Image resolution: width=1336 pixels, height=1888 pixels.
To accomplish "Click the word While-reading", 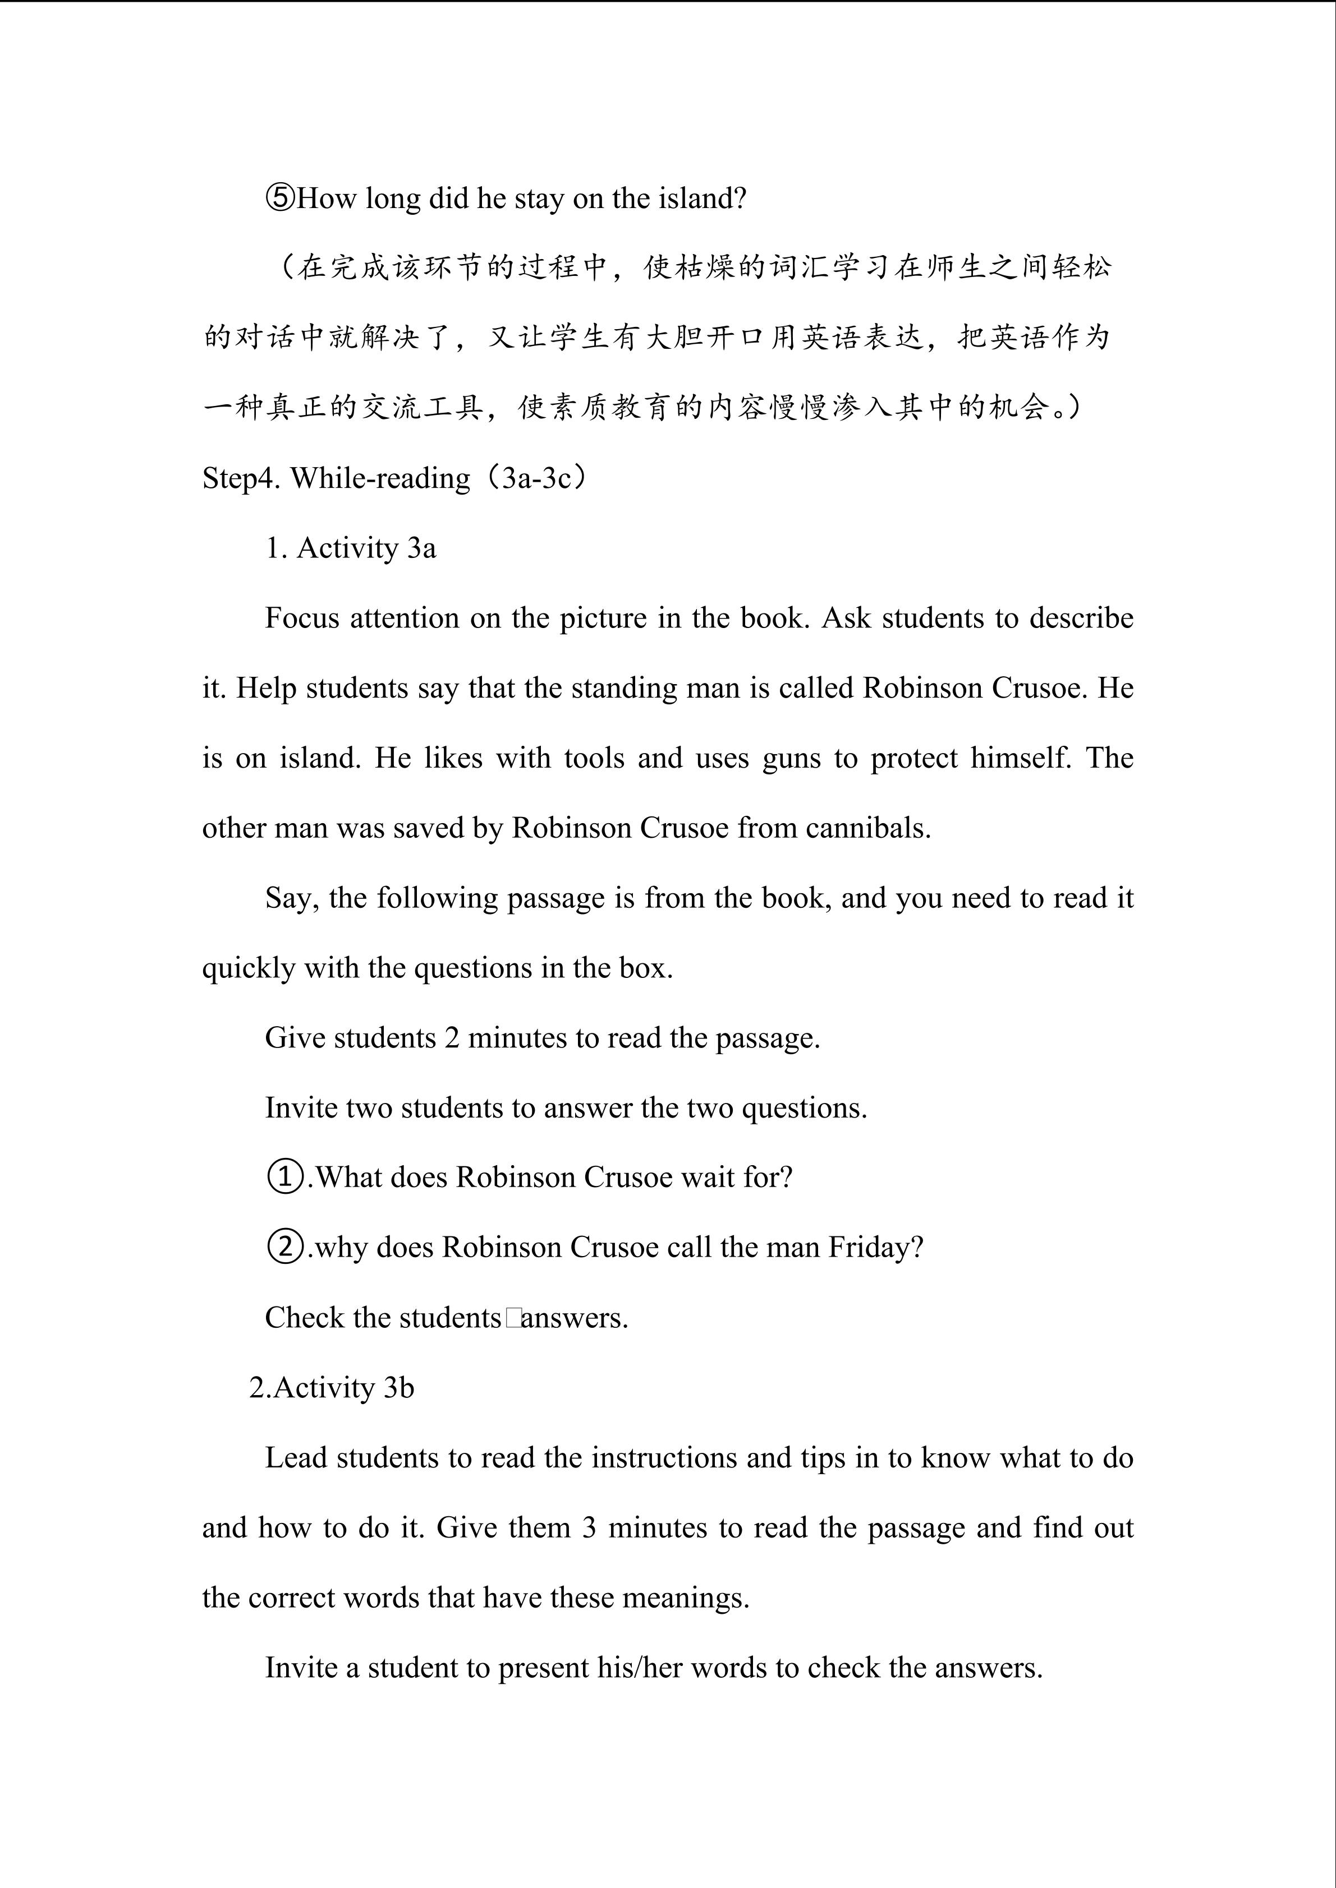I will pos(380,478).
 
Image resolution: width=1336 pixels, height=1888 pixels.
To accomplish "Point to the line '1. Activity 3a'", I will pos(351,548).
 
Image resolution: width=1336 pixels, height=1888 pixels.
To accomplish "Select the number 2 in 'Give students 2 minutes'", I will pos(452,1038).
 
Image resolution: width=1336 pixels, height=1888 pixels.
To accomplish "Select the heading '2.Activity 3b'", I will pos(332,1387).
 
